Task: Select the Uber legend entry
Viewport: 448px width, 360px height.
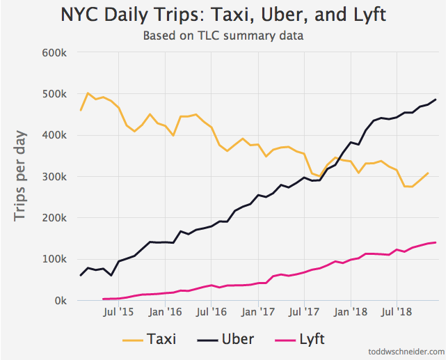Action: pyautogui.click(x=225, y=339)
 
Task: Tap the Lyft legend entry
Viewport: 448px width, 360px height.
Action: pyautogui.click(x=301, y=339)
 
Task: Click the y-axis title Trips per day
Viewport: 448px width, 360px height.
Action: pyautogui.click(x=22, y=175)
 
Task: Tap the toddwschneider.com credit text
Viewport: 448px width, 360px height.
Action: pyautogui.click(x=406, y=352)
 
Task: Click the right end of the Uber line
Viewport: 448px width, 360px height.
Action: pyautogui.click(x=436, y=100)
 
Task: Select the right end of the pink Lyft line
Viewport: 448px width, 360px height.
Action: pyautogui.click(x=436, y=242)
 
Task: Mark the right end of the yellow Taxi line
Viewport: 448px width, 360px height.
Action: pyautogui.click(x=428, y=173)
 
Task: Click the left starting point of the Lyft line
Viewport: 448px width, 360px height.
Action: pyautogui.click(x=104, y=299)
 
